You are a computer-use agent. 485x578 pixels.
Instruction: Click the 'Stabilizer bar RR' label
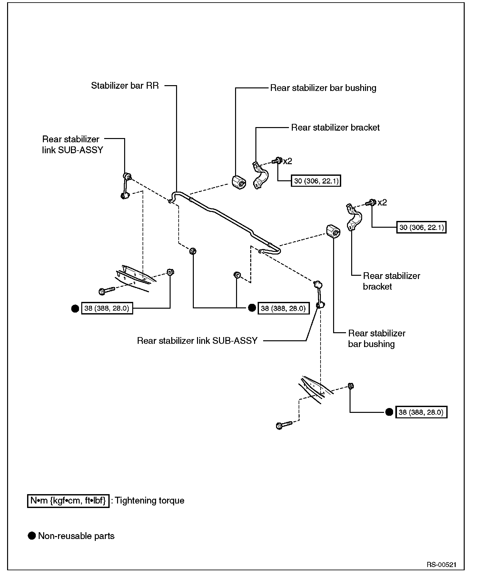(x=125, y=86)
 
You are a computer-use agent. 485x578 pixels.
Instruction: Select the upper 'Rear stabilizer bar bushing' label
(x=323, y=88)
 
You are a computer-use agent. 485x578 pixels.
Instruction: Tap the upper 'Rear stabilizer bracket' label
(x=335, y=128)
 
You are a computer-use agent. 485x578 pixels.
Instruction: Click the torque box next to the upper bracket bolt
(x=316, y=181)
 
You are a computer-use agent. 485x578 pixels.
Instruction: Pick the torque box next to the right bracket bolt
(x=421, y=228)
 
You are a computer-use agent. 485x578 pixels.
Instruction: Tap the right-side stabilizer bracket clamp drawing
(x=354, y=217)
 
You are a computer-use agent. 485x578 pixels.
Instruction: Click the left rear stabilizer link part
(x=125, y=186)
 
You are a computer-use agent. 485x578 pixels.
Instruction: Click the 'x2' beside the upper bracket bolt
(x=287, y=161)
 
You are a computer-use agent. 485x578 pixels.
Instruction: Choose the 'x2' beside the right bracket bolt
(x=382, y=203)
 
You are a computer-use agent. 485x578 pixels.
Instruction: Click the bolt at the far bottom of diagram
(x=284, y=425)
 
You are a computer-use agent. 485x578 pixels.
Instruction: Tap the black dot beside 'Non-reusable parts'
(x=32, y=536)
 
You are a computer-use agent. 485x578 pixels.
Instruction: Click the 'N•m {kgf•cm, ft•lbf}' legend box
(x=68, y=501)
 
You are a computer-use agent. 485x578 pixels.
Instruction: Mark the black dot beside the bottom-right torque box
(x=389, y=412)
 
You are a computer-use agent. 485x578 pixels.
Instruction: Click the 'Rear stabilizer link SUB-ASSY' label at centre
(x=197, y=341)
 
